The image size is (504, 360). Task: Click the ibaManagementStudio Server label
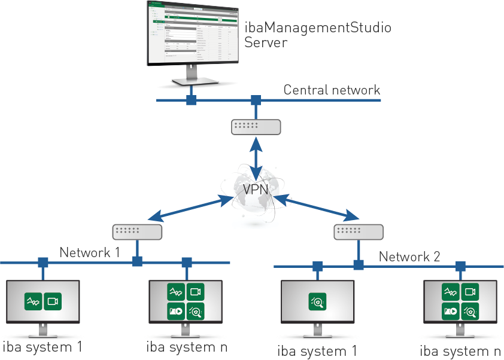[317, 35]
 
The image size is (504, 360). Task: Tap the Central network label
[332, 90]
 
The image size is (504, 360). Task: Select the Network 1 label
[89, 253]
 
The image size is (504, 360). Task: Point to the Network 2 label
[409, 257]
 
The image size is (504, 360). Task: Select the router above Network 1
[138, 231]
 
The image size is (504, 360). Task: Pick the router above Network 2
[359, 231]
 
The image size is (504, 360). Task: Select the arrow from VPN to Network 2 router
[316, 206]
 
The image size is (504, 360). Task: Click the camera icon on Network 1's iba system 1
[53, 301]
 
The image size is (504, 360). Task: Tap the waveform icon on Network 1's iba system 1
[33, 301]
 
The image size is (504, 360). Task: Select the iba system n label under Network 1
[186, 346]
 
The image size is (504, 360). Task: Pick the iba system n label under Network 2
[460, 351]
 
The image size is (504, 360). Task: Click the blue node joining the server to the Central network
[191, 100]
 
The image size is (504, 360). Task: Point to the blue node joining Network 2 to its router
[359, 265]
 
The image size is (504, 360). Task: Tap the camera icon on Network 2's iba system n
[470, 292]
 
